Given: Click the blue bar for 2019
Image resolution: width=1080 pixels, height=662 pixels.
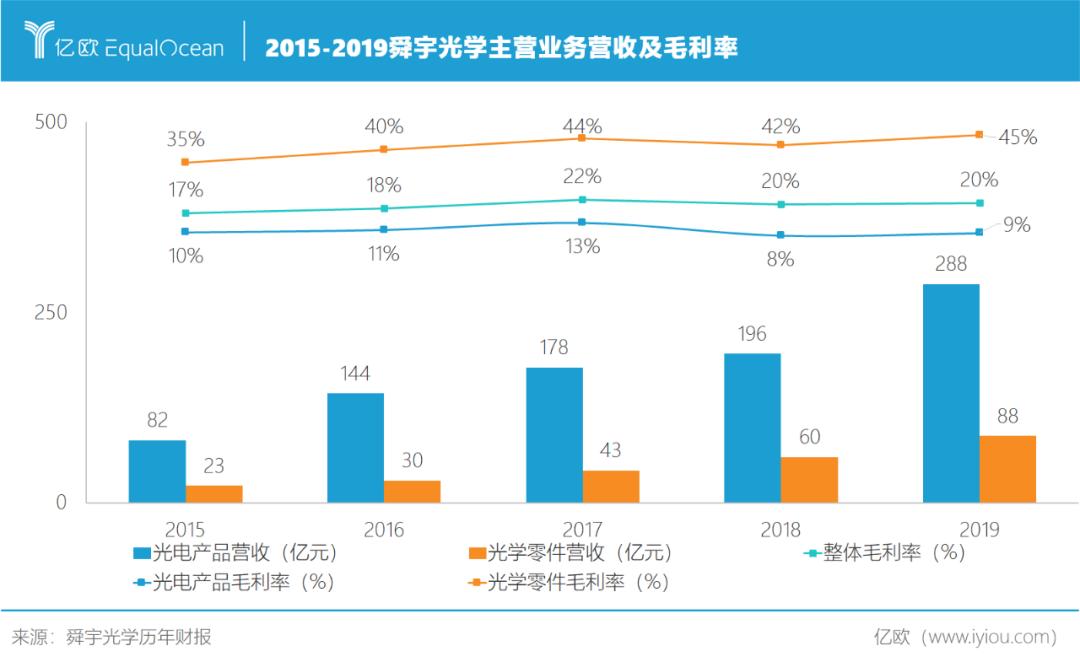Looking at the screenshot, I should pyautogui.click(x=951, y=393).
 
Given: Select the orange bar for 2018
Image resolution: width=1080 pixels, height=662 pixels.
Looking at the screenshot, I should pyautogui.click(x=809, y=480).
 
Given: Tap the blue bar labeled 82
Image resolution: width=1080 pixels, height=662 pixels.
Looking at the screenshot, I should pyautogui.click(x=157, y=471).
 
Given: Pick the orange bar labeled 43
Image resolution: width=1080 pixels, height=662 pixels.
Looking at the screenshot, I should pyautogui.click(x=611, y=486).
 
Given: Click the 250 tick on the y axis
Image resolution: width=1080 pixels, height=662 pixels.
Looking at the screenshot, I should pyautogui.click(x=51, y=312).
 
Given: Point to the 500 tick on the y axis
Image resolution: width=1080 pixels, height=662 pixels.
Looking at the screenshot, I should pyautogui.click(x=51, y=122).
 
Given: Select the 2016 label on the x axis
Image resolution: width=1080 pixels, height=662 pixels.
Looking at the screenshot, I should pyautogui.click(x=384, y=529).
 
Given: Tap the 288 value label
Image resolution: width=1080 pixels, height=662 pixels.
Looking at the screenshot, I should pyautogui.click(x=951, y=265).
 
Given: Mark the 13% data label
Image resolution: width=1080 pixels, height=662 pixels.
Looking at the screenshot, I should pyautogui.click(x=582, y=246).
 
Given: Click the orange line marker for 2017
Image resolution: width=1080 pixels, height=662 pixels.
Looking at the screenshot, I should pyautogui.click(x=582, y=138).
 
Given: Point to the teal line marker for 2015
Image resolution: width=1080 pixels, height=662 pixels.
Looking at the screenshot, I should pyautogui.click(x=185, y=213).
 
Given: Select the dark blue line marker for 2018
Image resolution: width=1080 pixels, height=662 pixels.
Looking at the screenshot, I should pyautogui.click(x=780, y=236).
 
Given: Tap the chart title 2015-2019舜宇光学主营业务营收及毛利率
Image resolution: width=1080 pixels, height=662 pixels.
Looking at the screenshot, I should pyautogui.click(x=501, y=47).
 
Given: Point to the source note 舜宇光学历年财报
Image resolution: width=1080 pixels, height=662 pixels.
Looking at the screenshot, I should pyautogui.click(x=139, y=637).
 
